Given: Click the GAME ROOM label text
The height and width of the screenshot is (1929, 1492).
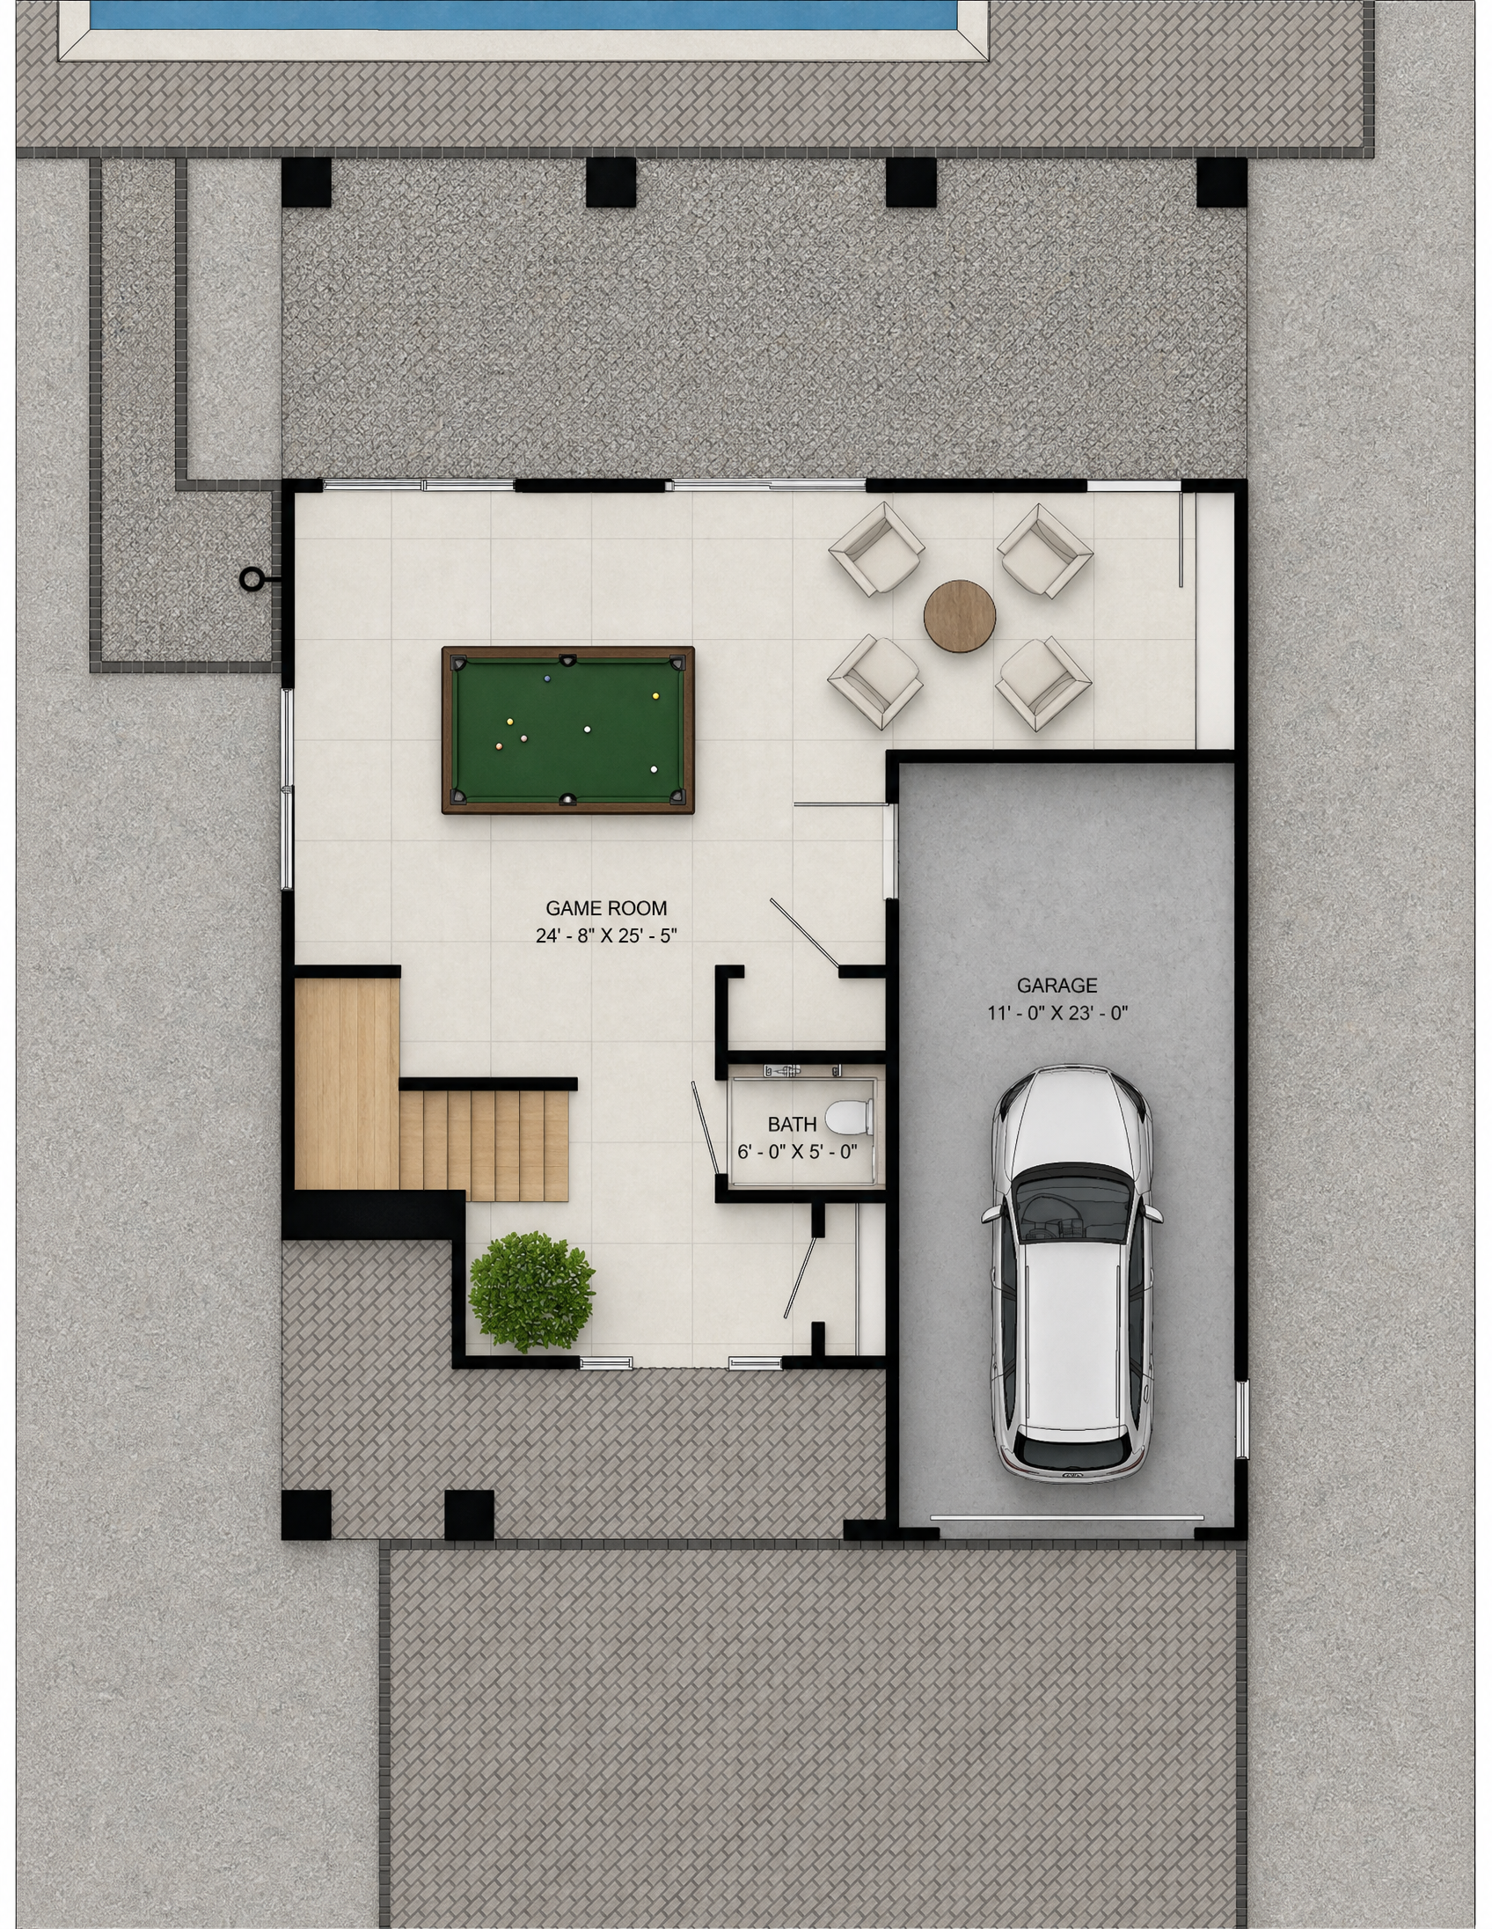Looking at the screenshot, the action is pyautogui.click(x=605, y=908).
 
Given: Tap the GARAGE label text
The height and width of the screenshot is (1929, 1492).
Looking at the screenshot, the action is pyautogui.click(x=1057, y=985).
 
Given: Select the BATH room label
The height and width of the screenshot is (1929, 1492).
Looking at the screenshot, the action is pyautogui.click(x=792, y=1125).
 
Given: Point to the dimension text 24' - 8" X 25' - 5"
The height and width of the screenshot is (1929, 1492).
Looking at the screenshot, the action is pyautogui.click(x=605, y=935).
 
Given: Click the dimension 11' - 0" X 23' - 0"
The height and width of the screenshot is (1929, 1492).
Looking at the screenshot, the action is pyautogui.click(x=1057, y=1013).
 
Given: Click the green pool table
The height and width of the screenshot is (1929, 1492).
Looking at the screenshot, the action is pyautogui.click(x=567, y=730).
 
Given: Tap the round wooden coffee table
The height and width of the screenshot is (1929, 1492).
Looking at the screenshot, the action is pyautogui.click(x=960, y=616).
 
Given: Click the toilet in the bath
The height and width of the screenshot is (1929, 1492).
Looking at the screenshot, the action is pyautogui.click(x=849, y=1119).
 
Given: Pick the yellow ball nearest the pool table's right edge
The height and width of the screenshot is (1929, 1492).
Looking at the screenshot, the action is pyautogui.click(x=656, y=696).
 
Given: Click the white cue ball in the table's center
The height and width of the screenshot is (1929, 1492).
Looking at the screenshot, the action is pyautogui.click(x=587, y=730).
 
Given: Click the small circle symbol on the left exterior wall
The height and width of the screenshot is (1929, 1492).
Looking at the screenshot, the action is pyautogui.click(x=252, y=578).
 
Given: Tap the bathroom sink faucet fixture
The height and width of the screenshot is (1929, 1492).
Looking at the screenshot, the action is pyautogui.click(x=782, y=1070).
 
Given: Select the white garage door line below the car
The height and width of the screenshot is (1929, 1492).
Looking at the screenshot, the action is pyautogui.click(x=1066, y=1517).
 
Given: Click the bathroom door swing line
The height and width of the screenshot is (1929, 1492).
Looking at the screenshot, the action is pyautogui.click(x=705, y=1128).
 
